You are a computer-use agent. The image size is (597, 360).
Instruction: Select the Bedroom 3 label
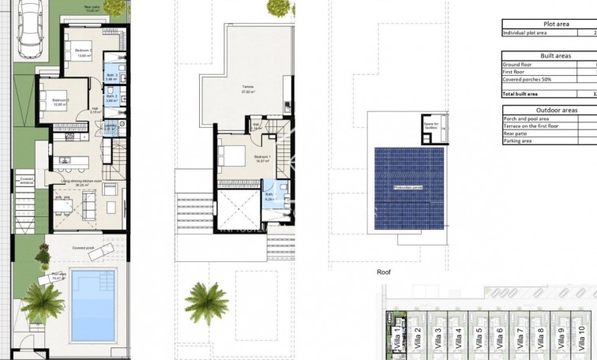click(x=61, y=102)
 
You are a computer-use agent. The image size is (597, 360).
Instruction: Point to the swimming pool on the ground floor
click(x=92, y=305)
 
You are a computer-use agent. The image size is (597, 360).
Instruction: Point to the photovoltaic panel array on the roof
click(x=407, y=186)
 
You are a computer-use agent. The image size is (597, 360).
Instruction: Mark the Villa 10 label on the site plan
click(x=580, y=338)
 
